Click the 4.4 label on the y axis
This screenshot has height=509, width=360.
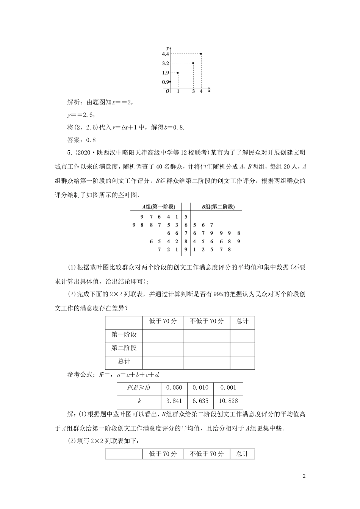pos(166,54)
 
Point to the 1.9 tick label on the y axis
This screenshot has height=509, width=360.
pos(166,73)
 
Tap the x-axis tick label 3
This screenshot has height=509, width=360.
pos(193,91)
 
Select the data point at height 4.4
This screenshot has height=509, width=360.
pos(201,54)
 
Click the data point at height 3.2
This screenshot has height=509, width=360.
pos(193,63)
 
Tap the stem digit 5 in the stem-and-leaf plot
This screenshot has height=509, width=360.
pos(186,217)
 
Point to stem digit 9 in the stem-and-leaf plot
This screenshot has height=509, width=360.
pos(186,250)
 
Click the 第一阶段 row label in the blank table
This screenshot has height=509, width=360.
pos(124,334)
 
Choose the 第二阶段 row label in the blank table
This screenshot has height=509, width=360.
pos(124,348)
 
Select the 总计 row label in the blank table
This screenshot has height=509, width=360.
pos(124,362)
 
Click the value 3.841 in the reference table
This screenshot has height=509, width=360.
pos(174,401)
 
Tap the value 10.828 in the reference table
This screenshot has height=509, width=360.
pos(228,401)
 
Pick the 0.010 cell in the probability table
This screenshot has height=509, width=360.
pos(200,387)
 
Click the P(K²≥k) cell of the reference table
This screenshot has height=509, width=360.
pos(139,387)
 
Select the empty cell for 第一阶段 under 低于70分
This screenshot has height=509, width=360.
pos(163,335)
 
